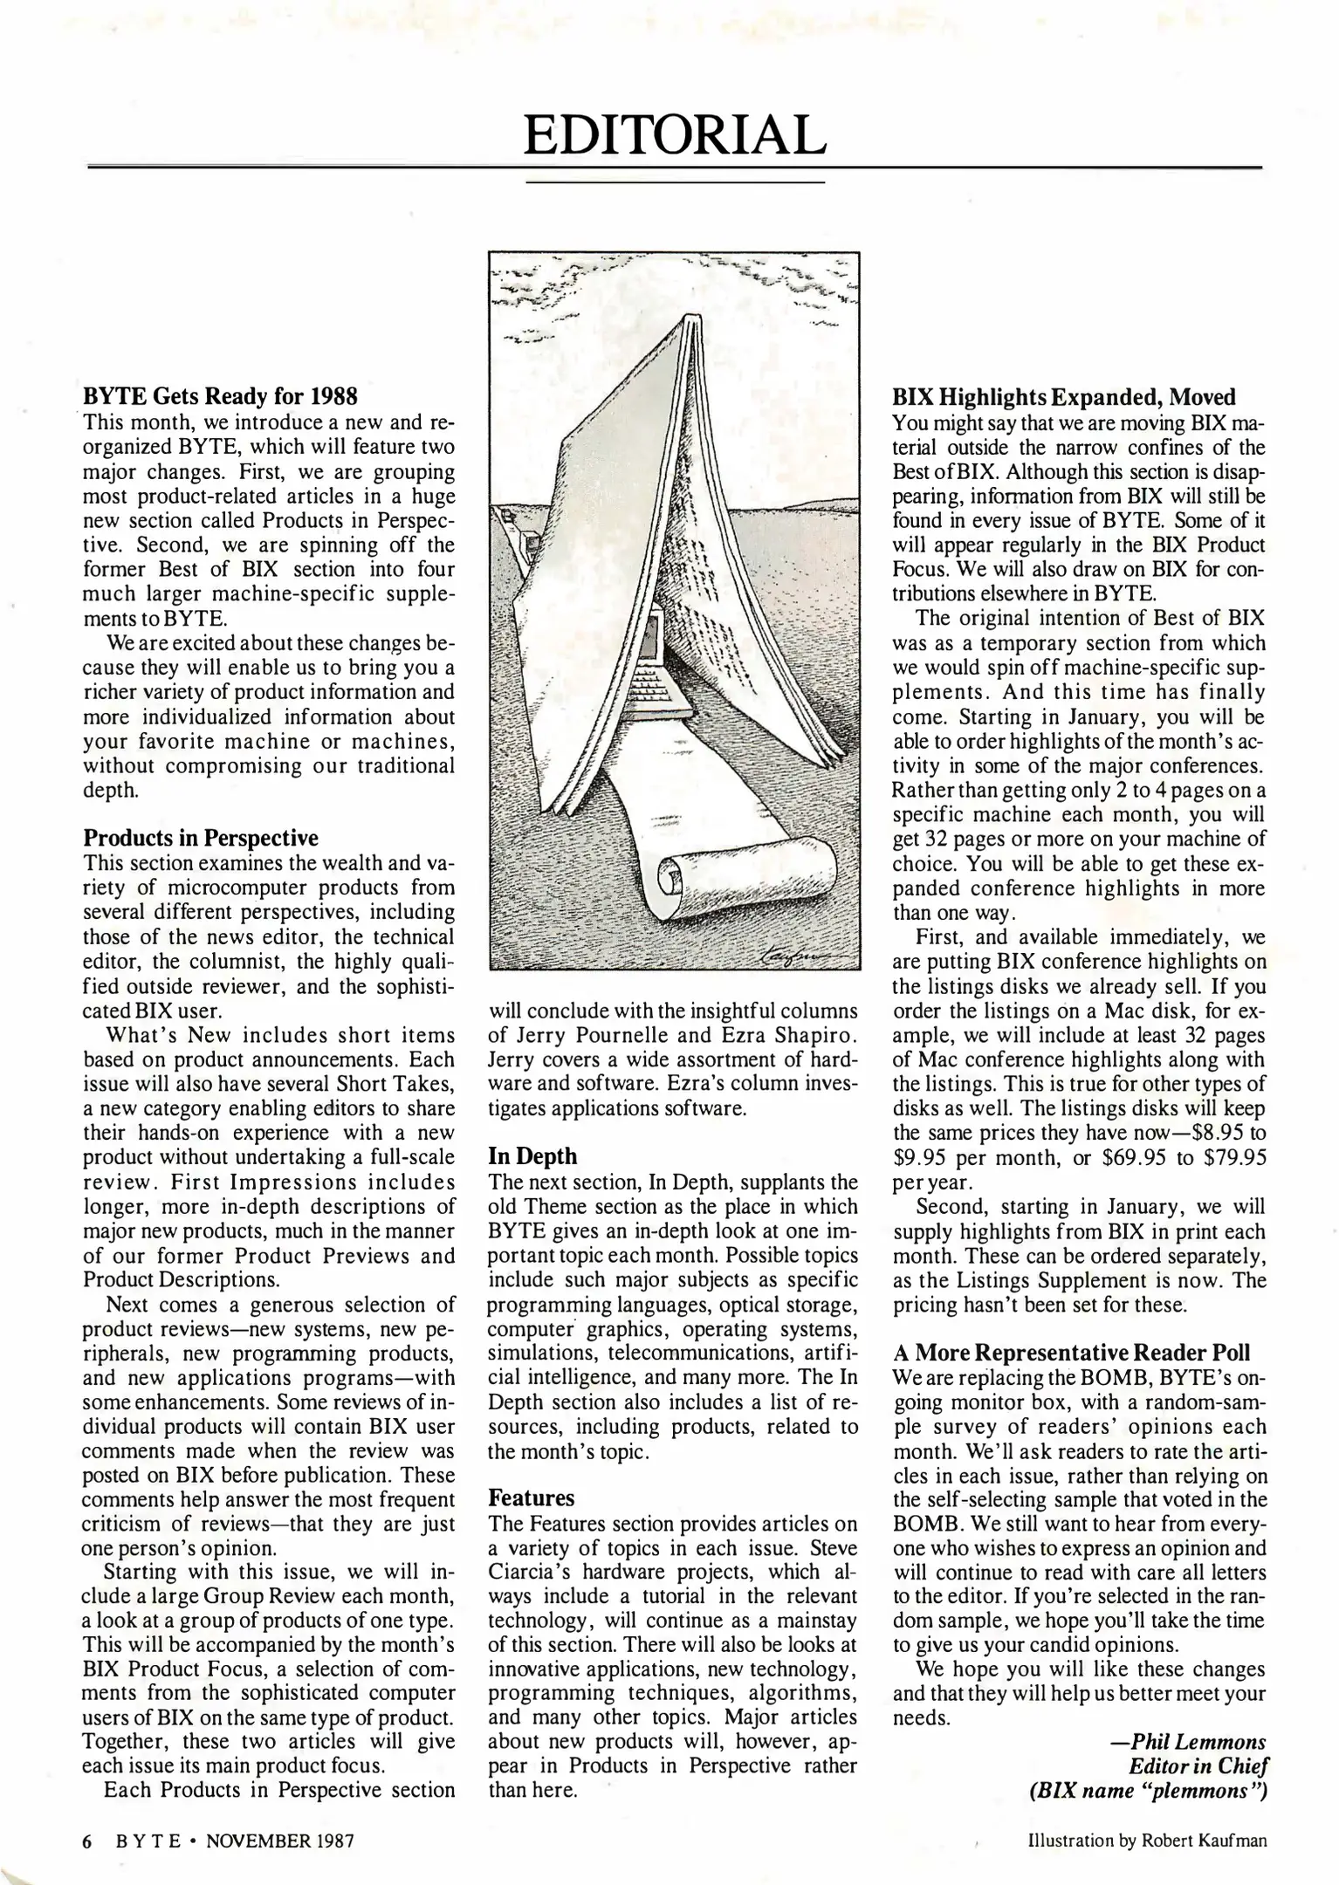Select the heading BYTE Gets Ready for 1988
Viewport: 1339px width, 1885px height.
click(x=220, y=396)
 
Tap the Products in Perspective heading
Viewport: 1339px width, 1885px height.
click(x=201, y=838)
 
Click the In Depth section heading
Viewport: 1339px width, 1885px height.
click(x=532, y=1156)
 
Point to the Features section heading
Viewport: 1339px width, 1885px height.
click(x=531, y=1498)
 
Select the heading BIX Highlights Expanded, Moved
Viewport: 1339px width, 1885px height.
click(x=1063, y=397)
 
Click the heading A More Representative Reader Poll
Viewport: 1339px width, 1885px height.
click(x=1072, y=1353)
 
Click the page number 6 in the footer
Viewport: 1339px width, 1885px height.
click(x=86, y=1840)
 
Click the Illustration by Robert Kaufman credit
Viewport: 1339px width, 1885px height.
click(x=1147, y=1840)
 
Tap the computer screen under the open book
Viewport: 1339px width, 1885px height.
click(x=648, y=641)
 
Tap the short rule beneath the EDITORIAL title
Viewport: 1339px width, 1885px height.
click(x=674, y=182)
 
